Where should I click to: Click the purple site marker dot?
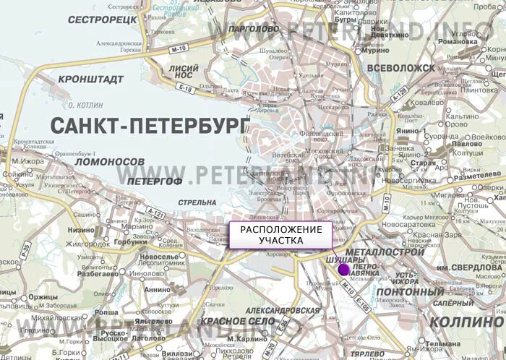[x=343, y=270]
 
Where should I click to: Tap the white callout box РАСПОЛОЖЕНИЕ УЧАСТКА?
[x=280, y=235]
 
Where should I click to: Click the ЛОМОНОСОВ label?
[x=110, y=160]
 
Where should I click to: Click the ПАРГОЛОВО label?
[x=253, y=29]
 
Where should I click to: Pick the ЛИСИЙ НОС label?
[x=183, y=70]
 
